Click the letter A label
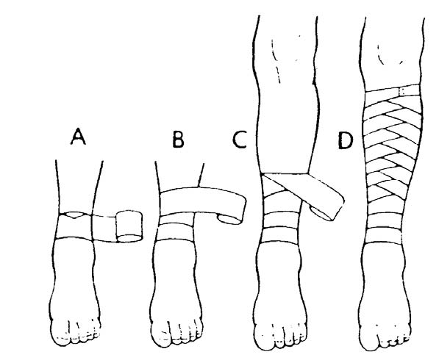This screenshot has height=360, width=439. point(78,137)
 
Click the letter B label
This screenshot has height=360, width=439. point(178,139)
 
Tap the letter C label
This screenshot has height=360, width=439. point(240,139)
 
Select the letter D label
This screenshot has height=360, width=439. point(345,140)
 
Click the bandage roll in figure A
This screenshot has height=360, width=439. point(129,226)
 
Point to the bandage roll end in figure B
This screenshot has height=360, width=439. point(229,219)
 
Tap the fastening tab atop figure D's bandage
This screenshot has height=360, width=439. point(403,91)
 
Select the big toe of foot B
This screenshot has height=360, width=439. point(162,335)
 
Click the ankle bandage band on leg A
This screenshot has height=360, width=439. point(76,226)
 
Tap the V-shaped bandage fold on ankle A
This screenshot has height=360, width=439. point(75,215)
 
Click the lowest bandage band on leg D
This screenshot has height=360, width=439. point(382,236)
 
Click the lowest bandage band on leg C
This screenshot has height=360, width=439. point(280,235)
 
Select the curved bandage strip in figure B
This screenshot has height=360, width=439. point(201,201)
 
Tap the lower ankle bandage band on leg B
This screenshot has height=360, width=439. point(175,231)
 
